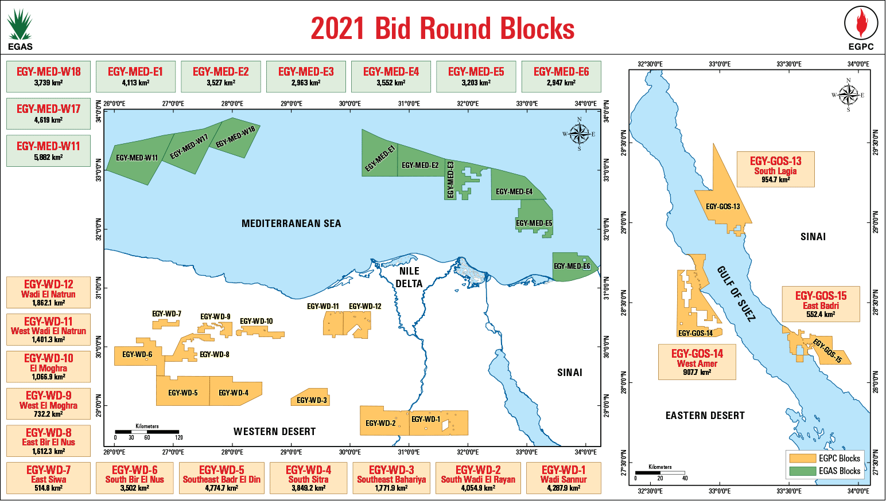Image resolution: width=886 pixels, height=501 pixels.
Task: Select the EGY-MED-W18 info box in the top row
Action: (48, 77)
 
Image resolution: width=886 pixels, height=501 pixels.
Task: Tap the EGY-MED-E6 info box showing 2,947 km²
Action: (561, 77)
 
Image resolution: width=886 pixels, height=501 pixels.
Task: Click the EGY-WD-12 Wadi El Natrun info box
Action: (48, 293)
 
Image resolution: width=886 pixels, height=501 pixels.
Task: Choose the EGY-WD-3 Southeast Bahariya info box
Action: (391, 478)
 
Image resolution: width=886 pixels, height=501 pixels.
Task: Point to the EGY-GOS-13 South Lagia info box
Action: (775, 169)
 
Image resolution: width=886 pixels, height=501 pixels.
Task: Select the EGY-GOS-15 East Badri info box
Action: (821, 304)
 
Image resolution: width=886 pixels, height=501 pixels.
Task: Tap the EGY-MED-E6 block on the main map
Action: (572, 267)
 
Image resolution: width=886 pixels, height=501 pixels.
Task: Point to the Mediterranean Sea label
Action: (291, 224)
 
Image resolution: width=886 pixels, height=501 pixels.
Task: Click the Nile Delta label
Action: (409, 277)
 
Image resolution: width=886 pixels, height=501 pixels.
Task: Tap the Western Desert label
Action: (274, 432)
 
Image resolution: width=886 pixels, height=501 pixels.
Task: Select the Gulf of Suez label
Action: (736, 293)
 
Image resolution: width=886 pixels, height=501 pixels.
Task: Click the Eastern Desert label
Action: (705, 416)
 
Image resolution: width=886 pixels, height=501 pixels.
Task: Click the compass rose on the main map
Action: (579, 135)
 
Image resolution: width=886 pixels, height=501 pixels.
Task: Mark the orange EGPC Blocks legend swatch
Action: (802, 459)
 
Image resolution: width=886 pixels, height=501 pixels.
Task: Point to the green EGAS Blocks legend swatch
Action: (802, 471)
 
